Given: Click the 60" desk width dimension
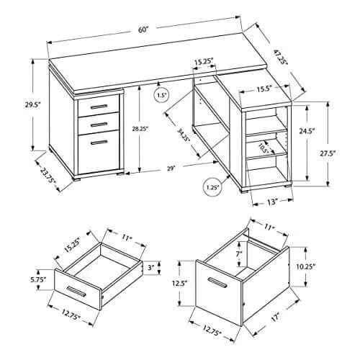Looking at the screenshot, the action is click(143, 30).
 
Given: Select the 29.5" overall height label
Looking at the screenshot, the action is click(32, 105).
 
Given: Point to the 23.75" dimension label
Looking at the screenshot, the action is click(48, 176).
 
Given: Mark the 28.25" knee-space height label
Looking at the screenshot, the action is click(139, 129).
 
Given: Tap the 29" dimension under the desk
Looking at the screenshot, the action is click(170, 168).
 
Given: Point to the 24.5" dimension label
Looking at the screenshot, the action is click(307, 131).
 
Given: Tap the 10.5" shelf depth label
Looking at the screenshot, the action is click(263, 148).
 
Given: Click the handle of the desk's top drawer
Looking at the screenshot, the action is click(99, 107).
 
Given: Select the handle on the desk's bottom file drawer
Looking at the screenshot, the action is click(99, 143).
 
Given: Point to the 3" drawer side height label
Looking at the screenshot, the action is click(150, 268).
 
